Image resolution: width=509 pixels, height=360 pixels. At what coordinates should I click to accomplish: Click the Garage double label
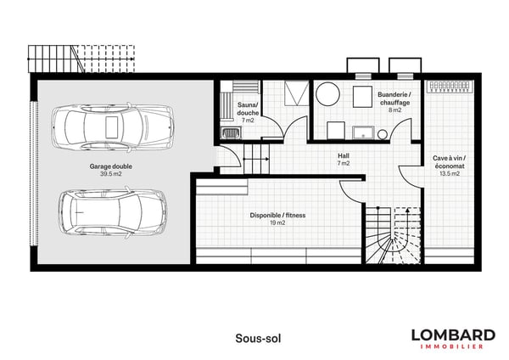[x=110, y=166]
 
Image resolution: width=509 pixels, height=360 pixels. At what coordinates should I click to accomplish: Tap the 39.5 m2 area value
[x=110, y=174]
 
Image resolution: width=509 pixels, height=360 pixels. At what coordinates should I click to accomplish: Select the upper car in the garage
[x=112, y=127]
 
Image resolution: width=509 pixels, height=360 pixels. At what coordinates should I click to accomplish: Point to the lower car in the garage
[x=113, y=212]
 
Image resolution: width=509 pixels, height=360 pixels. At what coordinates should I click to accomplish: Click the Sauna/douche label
[x=248, y=109]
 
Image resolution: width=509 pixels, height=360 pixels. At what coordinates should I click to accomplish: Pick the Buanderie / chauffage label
[x=394, y=98]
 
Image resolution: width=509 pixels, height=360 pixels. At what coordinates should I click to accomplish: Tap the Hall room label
[x=344, y=155]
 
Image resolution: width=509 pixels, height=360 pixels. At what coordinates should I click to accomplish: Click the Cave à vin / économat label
[x=450, y=162]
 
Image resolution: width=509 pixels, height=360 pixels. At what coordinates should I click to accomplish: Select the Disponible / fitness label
[x=277, y=215]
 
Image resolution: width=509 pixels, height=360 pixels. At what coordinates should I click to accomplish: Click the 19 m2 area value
[x=277, y=223]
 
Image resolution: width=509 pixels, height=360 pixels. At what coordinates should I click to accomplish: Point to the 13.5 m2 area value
[x=450, y=173]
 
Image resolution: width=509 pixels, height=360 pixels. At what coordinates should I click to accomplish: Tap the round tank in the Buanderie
[x=327, y=94]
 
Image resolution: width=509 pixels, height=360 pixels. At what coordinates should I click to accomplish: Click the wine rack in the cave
[x=450, y=87]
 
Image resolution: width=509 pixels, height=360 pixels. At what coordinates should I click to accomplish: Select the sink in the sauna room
[x=231, y=132]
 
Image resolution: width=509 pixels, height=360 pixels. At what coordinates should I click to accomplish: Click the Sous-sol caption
[x=258, y=338]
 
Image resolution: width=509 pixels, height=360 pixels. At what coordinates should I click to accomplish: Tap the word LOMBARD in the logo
[x=453, y=335]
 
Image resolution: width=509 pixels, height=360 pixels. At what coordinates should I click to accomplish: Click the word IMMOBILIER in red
[x=452, y=346]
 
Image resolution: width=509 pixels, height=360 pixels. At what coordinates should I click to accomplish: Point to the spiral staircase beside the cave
[x=394, y=235]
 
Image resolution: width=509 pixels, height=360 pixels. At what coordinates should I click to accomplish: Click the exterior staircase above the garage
[x=81, y=59]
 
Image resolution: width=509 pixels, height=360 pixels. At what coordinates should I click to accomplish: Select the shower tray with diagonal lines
[x=297, y=93]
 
